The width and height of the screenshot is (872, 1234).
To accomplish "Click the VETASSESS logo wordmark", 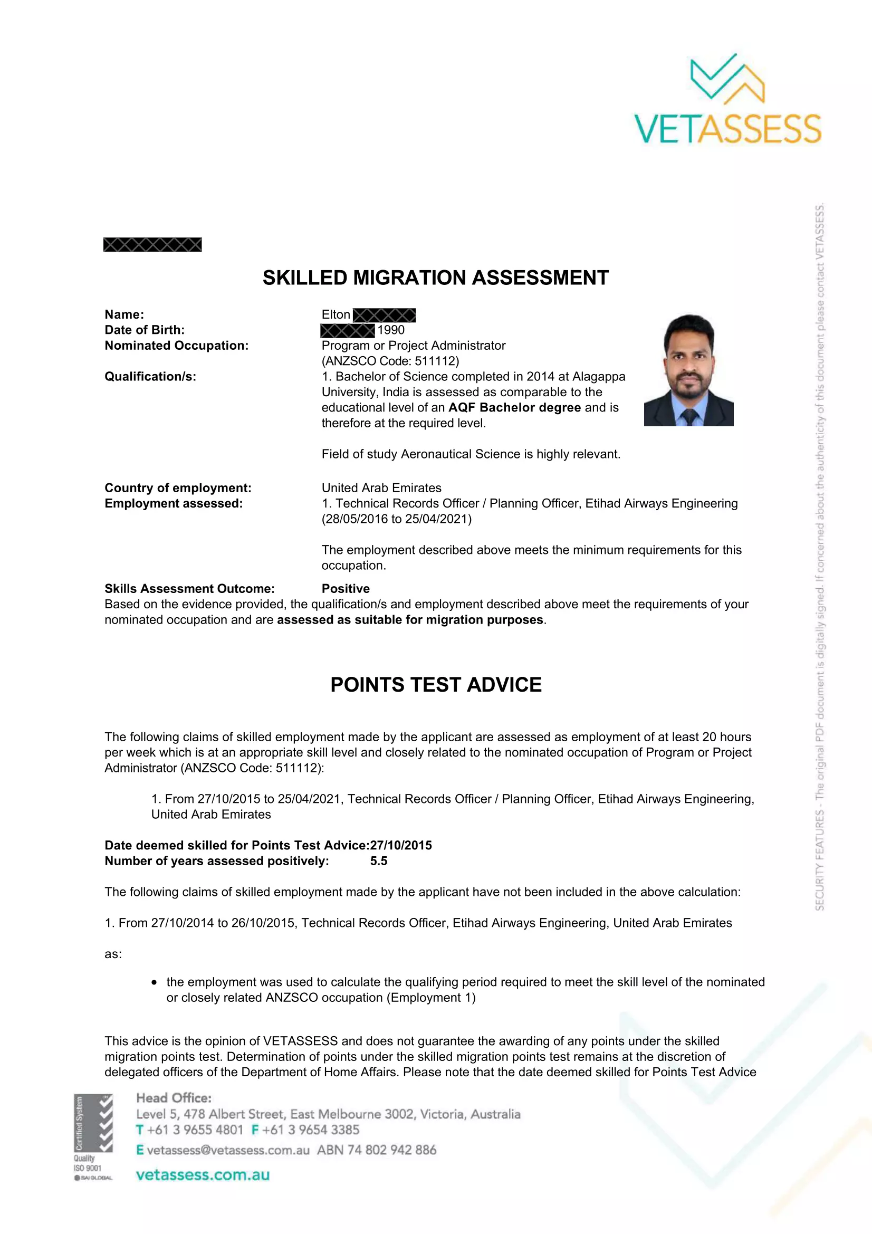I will coord(727,128).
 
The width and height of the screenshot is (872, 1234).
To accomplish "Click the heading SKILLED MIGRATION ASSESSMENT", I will coord(435,278).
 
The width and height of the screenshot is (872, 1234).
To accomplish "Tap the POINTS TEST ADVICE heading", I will coord(436,685).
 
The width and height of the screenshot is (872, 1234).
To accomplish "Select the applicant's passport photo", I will coord(688,370).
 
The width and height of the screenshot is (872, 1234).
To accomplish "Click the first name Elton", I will coord(336,314).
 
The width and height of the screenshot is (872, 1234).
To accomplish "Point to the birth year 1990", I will coord(390,330).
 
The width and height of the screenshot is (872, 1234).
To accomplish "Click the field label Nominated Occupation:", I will coord(176,346).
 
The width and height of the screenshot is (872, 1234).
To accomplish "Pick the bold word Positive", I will coord(346,589).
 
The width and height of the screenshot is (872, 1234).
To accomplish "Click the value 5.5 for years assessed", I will coord(378,861).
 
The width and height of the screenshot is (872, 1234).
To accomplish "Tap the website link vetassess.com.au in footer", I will coord(203,1175).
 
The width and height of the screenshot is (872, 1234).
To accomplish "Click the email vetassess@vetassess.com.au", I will coord(228,1150).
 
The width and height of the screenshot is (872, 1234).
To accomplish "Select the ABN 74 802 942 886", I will coord(377,1150).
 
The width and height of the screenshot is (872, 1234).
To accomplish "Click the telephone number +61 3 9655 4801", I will coord(195,1130).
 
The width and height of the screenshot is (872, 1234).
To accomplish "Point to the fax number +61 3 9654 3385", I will coord(311,1130).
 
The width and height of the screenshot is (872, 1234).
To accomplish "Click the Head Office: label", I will coord(174,1098).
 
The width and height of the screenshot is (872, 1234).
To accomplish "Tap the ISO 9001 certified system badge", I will coord(93,1137).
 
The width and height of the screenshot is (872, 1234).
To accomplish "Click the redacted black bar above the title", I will coord(152,245).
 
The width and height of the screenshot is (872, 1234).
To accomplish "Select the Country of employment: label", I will coord(178,488).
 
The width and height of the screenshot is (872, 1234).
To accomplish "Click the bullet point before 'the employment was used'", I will coord(154,982).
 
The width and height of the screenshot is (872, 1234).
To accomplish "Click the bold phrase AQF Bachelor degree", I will coord(514,407).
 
